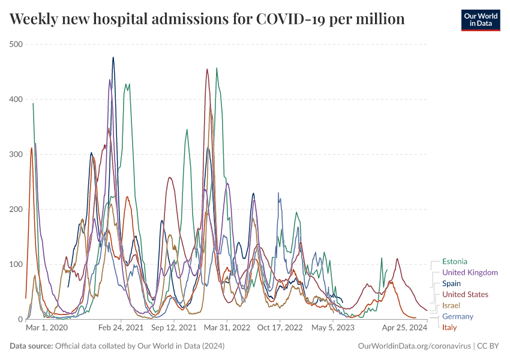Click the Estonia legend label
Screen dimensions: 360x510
click(x=454, y=262)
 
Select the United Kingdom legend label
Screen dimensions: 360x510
click(x=470, y=272)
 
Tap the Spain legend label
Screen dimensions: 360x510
click(x=451, y=283)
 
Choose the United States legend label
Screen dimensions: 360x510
click(x=465, y=295)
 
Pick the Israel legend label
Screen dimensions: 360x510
click(x=451, y=305)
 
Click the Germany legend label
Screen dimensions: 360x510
click(x=457, y=316)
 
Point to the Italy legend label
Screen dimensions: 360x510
click(x=449, y=327)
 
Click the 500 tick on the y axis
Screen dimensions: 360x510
click(x=16, y=44)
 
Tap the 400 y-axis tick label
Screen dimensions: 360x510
click(x=16, y=99)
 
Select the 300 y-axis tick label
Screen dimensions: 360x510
click(x=16, y=154)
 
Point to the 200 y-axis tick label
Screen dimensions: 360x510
click(x=16, y=209)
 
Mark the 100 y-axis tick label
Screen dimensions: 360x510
click(x=16, y=265)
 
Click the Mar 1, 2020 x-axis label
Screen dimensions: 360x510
click(x=47, y=328)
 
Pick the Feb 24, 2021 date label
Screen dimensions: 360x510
click(x=120, y=328)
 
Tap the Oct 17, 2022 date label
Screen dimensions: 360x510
click(x=280, y=328)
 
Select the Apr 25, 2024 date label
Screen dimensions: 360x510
click(x=404, y=328)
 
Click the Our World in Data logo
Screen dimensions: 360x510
click(x=480, y=20)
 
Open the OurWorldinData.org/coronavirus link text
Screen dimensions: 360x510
click(x=414, y=346)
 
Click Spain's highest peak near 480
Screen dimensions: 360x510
click(x=113, y=58)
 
